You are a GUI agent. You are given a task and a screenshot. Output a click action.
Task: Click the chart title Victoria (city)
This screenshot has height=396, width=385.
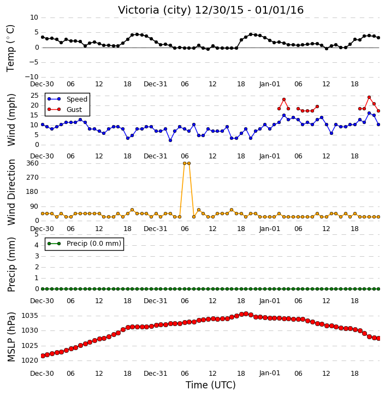155,10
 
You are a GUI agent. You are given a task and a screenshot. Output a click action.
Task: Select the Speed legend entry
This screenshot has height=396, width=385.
67,99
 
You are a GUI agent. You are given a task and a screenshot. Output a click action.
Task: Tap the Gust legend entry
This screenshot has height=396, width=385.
64,109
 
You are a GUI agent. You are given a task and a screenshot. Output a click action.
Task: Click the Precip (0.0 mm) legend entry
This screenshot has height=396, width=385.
85,244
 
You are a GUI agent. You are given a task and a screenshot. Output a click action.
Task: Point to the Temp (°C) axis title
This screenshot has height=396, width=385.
10,48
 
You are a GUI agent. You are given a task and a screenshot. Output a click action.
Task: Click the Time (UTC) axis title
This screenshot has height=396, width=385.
211,385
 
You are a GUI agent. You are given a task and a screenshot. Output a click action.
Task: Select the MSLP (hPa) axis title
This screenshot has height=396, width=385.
11,337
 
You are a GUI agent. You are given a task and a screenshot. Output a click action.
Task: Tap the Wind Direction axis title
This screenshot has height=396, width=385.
11,192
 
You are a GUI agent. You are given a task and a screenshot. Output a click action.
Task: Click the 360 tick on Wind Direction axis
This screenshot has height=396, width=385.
33,163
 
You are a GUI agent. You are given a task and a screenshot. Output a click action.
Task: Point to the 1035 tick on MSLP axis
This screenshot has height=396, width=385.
30,316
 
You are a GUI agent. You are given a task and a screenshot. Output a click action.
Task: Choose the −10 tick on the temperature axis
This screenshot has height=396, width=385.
32,77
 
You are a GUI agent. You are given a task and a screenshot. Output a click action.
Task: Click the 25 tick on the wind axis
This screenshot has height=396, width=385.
34,96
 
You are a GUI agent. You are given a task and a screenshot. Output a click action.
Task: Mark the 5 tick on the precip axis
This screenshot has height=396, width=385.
37,234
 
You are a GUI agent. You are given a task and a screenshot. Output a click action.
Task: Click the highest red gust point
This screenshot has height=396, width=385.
369,97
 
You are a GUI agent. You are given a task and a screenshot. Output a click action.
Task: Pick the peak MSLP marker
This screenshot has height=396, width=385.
246,314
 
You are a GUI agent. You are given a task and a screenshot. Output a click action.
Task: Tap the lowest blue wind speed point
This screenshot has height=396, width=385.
170,140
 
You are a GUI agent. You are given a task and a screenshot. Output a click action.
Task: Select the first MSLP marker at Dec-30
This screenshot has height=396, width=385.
43,356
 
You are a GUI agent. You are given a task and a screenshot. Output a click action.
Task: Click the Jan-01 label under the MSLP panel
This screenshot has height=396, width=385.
270,373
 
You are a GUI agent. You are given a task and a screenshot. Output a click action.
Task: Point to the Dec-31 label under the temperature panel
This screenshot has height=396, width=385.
156,84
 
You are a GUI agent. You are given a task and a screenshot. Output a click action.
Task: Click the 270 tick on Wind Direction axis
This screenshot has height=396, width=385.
33,178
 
